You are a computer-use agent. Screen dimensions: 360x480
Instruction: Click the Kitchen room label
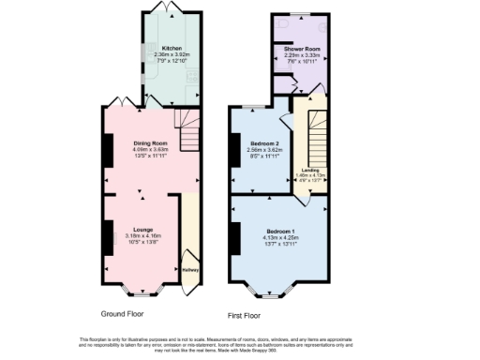171,48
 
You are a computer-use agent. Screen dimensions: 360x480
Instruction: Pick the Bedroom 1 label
281,230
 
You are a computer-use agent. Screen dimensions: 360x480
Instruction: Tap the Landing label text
309,170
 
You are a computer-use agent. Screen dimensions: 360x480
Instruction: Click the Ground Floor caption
123,312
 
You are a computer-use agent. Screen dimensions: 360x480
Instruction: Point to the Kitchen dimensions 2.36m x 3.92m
171,54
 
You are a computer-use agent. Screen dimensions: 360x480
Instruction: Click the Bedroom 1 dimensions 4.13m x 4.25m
281,236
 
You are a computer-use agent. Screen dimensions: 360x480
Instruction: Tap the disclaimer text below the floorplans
239,344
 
